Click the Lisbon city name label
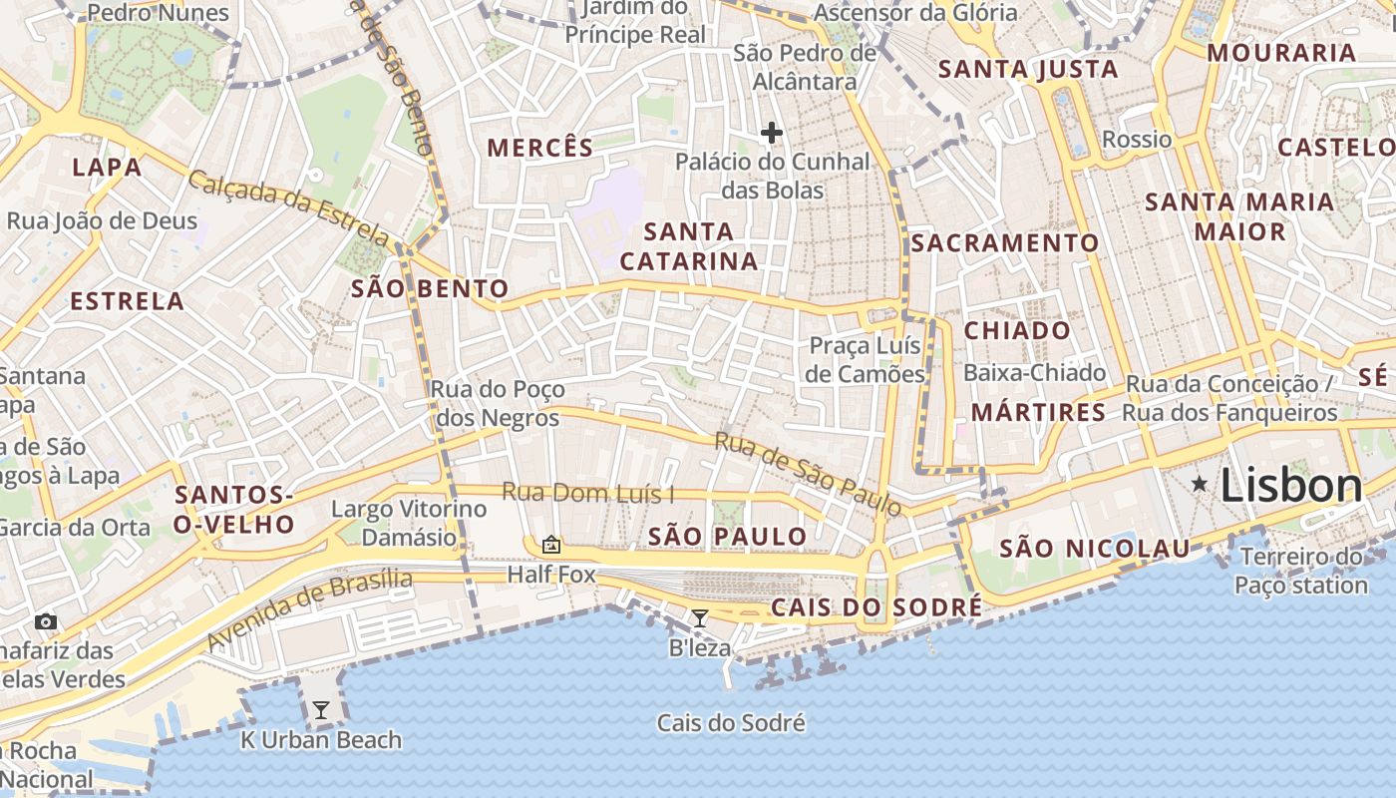(1290, 486)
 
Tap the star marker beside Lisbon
(1200, 485)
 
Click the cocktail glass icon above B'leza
(700, 618)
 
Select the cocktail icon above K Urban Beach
(321, 710)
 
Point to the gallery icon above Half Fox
(550, 545)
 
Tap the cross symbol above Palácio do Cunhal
(771, 132)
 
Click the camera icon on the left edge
(45, 622)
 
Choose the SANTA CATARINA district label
(688, 246)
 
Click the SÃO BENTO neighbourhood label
(430, 289)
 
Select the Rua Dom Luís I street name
(588, 493)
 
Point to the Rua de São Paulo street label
(808, 474)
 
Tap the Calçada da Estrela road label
(288, 208)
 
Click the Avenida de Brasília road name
(310, 607)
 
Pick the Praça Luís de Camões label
(866, 360)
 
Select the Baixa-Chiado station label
(1034, 373)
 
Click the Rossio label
(1136, 139)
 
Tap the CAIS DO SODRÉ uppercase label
(876, 607)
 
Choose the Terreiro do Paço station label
(1301, 571)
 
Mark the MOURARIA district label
(1281, 53)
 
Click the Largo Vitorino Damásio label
(409, 523)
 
